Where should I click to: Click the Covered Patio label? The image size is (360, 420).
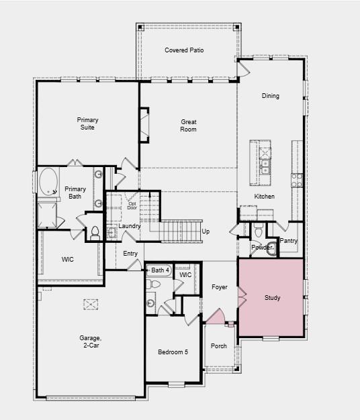(x=184, y=50)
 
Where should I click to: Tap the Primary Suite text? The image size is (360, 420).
(x=87, y=124)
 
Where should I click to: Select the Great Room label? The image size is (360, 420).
(x=188, y=125)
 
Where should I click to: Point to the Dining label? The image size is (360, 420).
(x=270, y=96)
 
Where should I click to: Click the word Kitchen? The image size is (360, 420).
(x=264, y=197)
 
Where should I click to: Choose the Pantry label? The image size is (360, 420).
(x=289, y=241)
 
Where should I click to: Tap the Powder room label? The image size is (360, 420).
(x=261, y=248)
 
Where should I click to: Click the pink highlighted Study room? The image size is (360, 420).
(x=271, y=297)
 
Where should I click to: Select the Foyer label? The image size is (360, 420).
(x=219, y=287)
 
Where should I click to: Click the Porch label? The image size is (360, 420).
(x=219, y=346)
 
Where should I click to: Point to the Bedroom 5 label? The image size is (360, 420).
(x=173, y=352)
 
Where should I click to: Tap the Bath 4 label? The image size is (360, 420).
(x=160, y=270)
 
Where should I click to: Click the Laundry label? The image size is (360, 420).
(x=130, y=227)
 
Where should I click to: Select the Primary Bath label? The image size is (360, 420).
(x=75, y=193)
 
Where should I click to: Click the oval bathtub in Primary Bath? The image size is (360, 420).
(x=48, y=182)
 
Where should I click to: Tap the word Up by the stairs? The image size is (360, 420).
(x=206, y=231)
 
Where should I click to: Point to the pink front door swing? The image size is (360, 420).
(x=215, y=317)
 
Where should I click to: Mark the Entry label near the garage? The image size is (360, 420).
(x=130, y=253)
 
